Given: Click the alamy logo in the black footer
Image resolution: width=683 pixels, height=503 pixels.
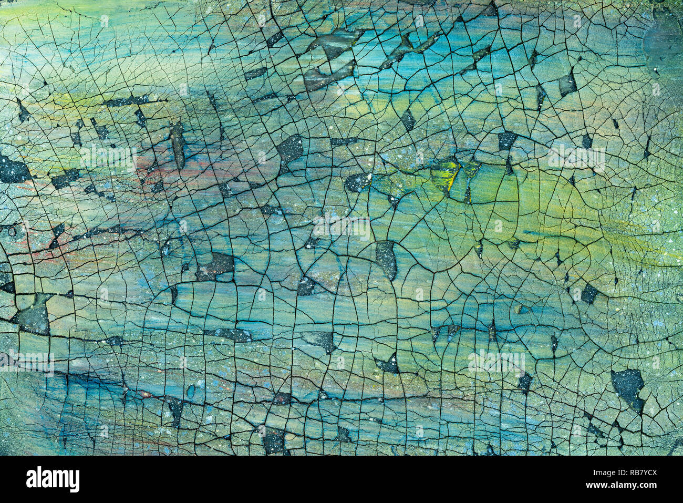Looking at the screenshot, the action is [x=53, y=479].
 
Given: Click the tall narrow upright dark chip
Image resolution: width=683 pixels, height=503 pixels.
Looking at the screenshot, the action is [x=178, y=145].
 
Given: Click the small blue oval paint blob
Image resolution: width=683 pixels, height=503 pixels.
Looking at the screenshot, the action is [x=190, y=392].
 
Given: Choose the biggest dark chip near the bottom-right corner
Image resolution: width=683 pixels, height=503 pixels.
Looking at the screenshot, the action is [x=628, y=386].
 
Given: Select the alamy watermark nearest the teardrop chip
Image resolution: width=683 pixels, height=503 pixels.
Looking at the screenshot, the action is [x=341, y=227].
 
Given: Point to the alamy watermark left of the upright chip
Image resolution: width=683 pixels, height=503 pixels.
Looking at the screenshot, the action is [x=108, y=157].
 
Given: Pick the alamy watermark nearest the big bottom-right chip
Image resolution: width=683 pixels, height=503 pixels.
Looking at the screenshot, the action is [x=496, y=362].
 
